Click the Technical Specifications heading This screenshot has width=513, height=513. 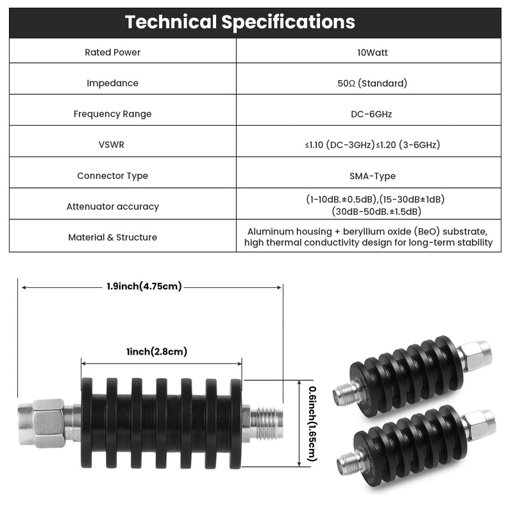(x=240, y=22)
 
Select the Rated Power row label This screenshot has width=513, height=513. (x=113, y=53)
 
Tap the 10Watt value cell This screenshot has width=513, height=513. (x=373, y=53)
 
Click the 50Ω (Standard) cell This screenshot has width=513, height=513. (x=373, y=83)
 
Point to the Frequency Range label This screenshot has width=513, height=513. (x=113, y=114)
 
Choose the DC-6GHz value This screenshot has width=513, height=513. (x=371, y=114)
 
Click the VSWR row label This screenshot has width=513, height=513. (x=112, y=145)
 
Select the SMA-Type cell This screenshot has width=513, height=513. (x=373, y=176)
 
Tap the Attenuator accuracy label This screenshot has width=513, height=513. (x=113, y=206)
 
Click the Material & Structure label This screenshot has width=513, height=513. (x=113, y=237)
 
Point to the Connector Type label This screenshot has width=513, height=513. (x=113, y=176)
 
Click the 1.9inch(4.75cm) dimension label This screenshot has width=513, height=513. (x=144, y=286)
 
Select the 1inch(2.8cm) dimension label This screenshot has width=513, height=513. (x=156, y=351)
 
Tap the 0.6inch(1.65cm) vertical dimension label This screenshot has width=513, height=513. (x=313, y=424)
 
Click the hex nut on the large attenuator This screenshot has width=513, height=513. (x=47, y=423)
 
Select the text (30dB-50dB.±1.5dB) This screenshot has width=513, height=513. (x=376, y=212)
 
